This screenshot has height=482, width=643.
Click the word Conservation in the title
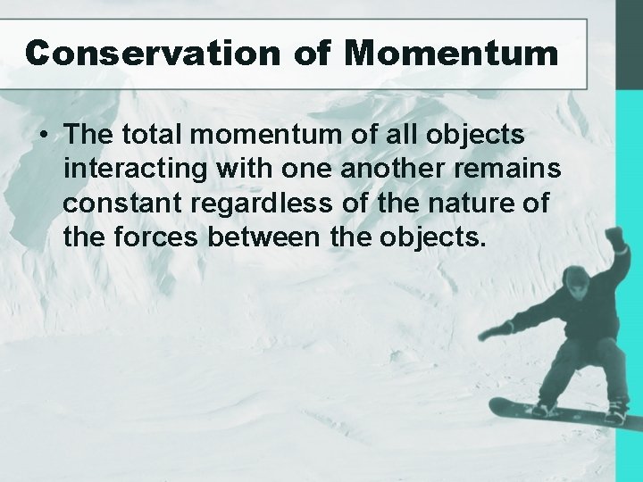click(152, 53)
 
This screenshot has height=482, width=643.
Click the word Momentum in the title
click(451, 53)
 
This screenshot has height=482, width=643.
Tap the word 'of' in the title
click(312, 53)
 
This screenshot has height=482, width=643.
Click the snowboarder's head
click(577, 284)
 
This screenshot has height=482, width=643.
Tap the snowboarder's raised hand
click(614, 237)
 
